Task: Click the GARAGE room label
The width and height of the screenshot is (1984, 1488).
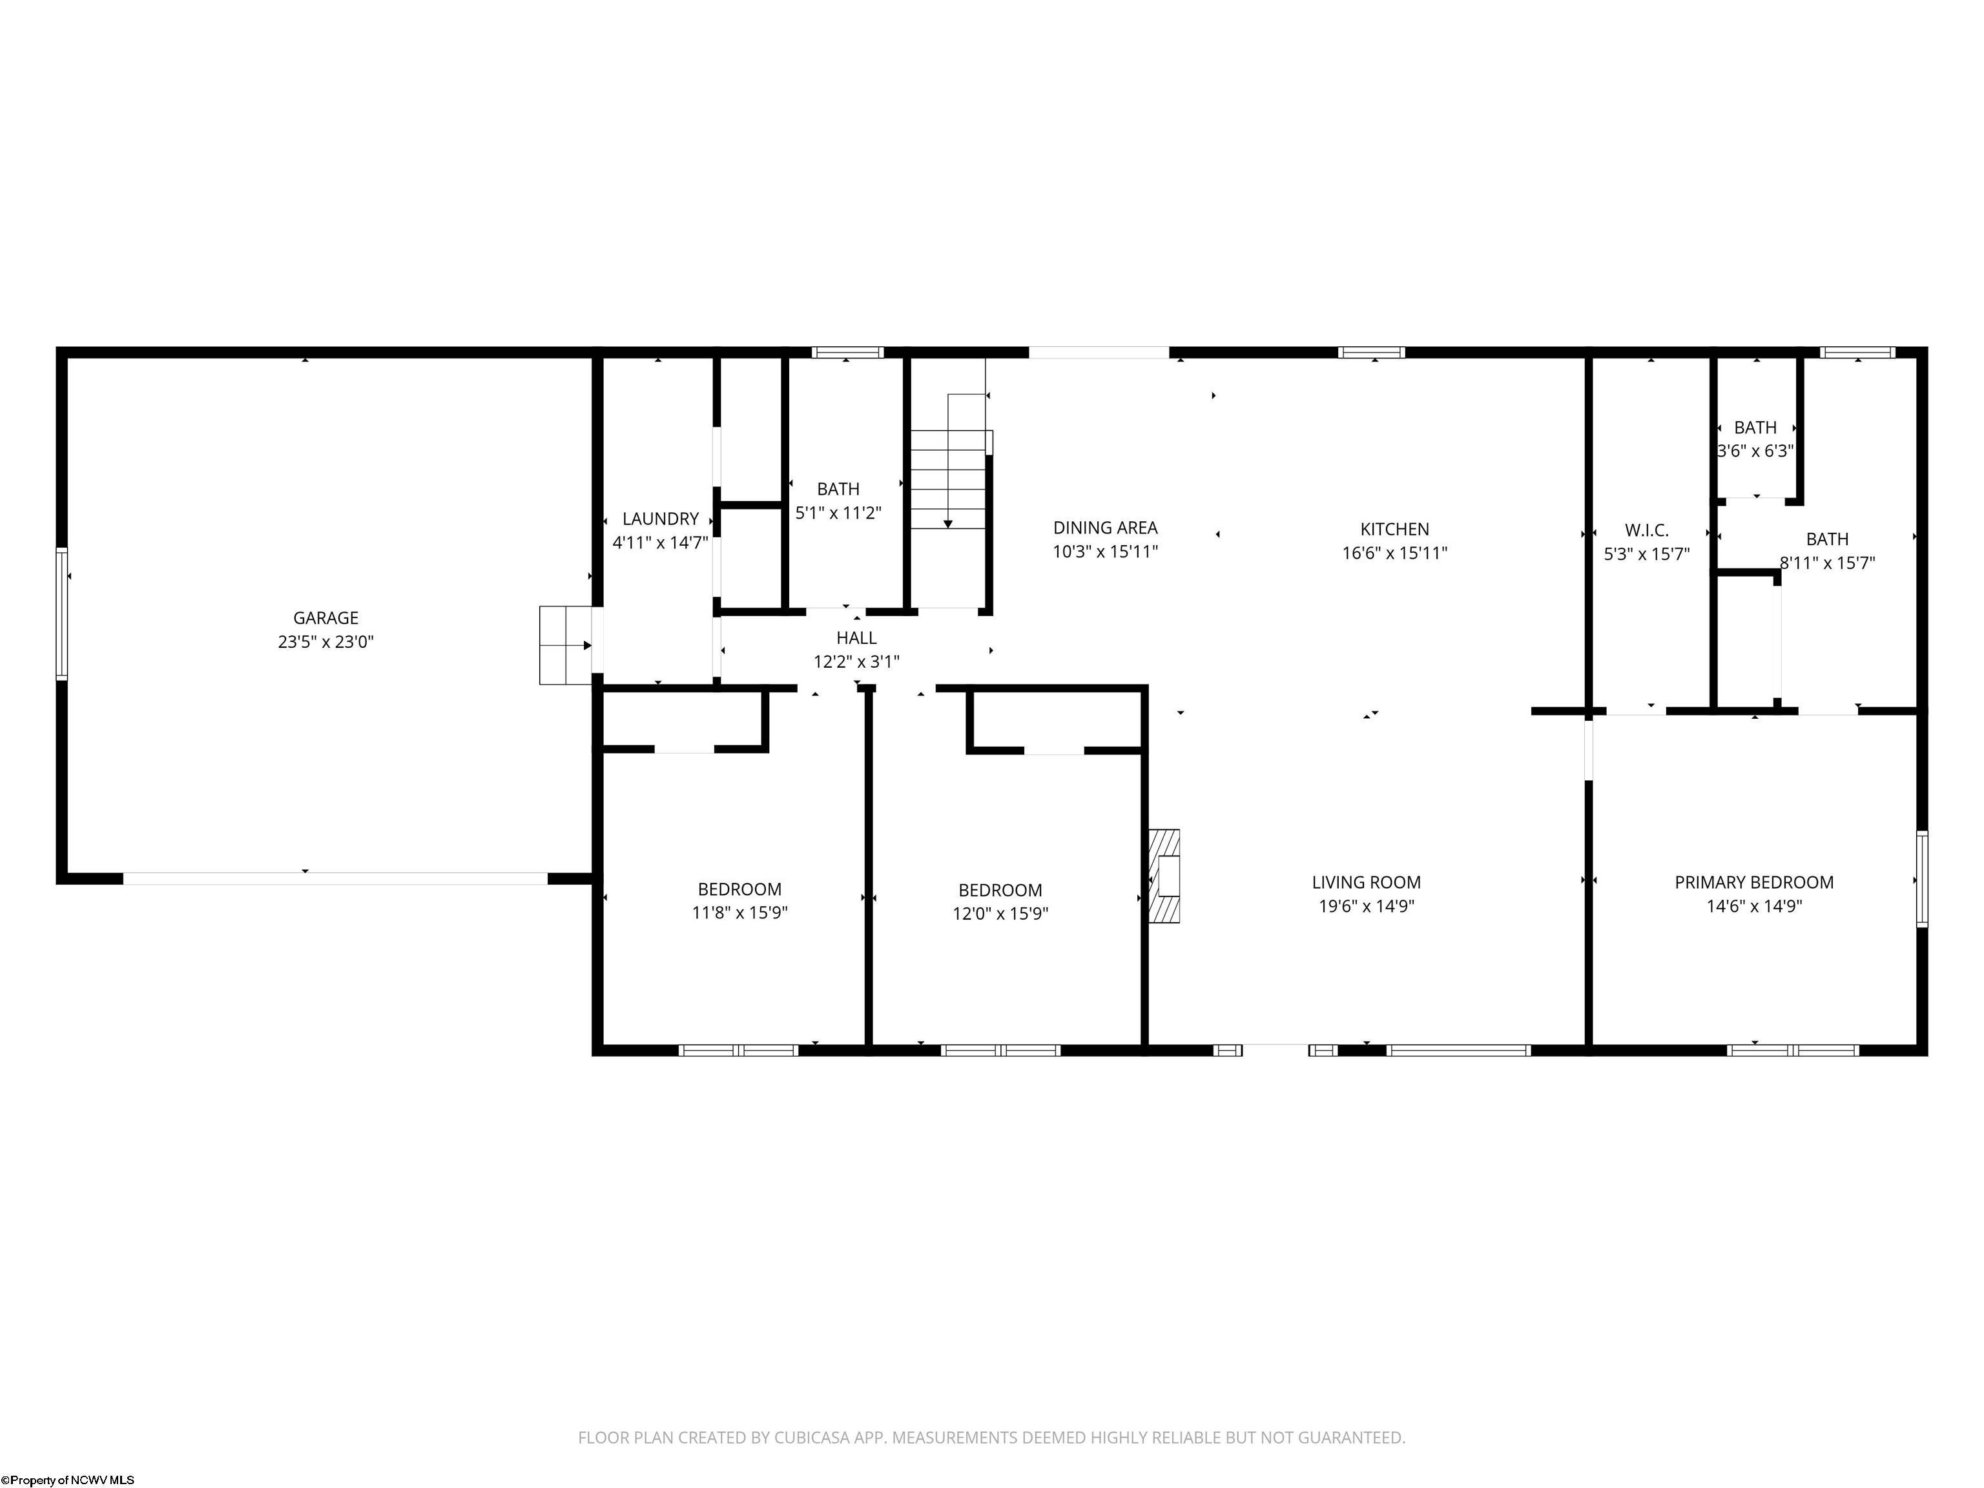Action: click(325, 618)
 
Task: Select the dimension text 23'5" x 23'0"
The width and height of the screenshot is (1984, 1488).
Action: click(325, 642)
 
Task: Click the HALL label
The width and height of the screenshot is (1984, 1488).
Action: click(856, 637)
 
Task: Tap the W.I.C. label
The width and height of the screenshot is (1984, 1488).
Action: click(1647, 530)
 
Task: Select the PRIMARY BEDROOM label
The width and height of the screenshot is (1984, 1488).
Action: click(1754, 883)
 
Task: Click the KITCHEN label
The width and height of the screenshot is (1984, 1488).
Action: click(1395, 529)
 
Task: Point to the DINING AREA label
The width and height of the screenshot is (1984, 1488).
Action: click(1105, 528)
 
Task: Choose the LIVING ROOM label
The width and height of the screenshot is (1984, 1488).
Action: click(1366, 883)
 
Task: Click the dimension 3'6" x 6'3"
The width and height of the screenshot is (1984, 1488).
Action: click(1755, 451)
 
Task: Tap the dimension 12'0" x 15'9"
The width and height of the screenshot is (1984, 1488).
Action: click(1000, 914)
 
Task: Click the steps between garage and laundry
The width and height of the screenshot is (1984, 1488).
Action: click(565, 645)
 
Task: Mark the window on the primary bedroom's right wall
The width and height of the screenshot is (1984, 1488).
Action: click(1922, 878)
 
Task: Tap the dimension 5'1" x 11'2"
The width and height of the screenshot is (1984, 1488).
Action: click(839, 513)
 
